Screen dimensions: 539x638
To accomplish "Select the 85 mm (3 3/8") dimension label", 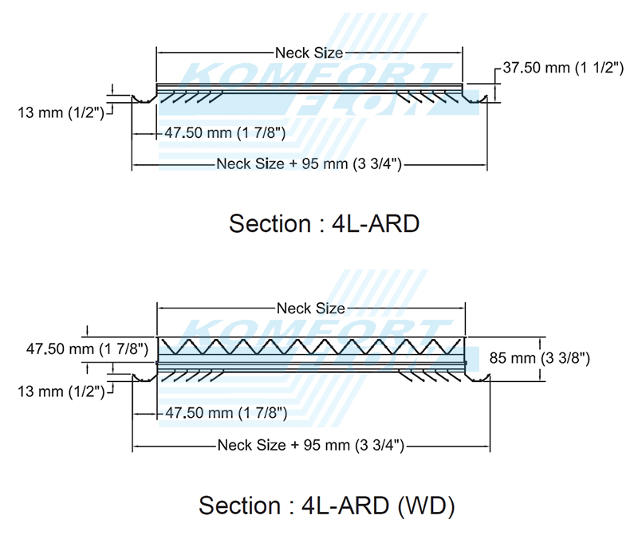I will [539, 359].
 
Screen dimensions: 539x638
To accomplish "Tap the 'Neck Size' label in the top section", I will [309, 53].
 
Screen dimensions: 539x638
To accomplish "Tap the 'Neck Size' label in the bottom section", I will [310, 308].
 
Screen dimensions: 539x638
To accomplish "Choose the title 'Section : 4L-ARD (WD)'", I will [326, 506].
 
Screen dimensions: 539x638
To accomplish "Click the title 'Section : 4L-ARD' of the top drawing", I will [324, 223].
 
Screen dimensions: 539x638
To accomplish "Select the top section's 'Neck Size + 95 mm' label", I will [308, 164].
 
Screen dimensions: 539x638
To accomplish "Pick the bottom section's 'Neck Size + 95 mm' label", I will [309, 445].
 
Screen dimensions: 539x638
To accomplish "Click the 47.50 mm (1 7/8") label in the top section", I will [225, 132].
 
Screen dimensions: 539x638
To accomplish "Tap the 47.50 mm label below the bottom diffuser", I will [226, 413].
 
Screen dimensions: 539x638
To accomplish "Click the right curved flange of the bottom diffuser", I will [477, 376].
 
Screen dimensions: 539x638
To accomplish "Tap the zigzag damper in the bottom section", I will [310, 348].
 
